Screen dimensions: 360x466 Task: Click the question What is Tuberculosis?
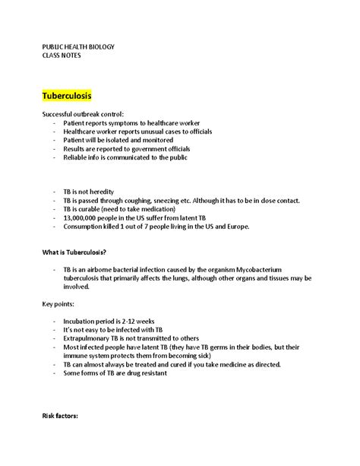tap(74, 252)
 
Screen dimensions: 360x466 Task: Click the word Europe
tap(251, 226)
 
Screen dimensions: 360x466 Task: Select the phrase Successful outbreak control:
tap(87, 114)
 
